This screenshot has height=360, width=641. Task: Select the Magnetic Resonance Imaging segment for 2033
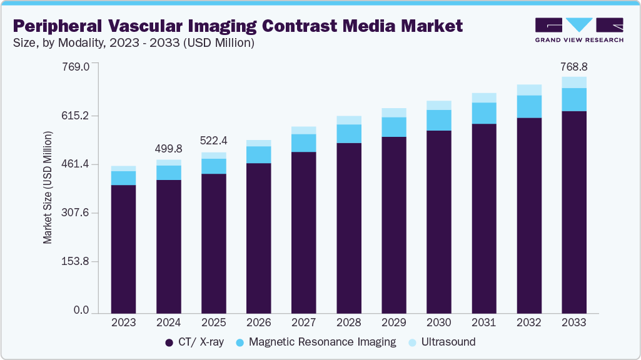[573, 99]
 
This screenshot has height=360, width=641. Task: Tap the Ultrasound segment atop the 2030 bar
[438, 105]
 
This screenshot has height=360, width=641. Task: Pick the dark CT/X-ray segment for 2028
[348, 227]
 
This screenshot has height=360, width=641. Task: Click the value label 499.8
[168, 149]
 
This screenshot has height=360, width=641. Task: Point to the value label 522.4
[213, 141]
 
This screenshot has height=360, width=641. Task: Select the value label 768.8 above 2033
[573, 66]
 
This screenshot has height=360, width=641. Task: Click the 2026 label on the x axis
[258, 322]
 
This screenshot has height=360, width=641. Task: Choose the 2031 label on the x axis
[483, 322]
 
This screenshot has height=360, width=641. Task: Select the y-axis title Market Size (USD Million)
[48, 187]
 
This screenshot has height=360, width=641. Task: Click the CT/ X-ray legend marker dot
[169, 342]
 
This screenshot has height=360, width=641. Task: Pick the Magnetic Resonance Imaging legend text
[322, 342]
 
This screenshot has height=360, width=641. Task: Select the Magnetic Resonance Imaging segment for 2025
[213, 166]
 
